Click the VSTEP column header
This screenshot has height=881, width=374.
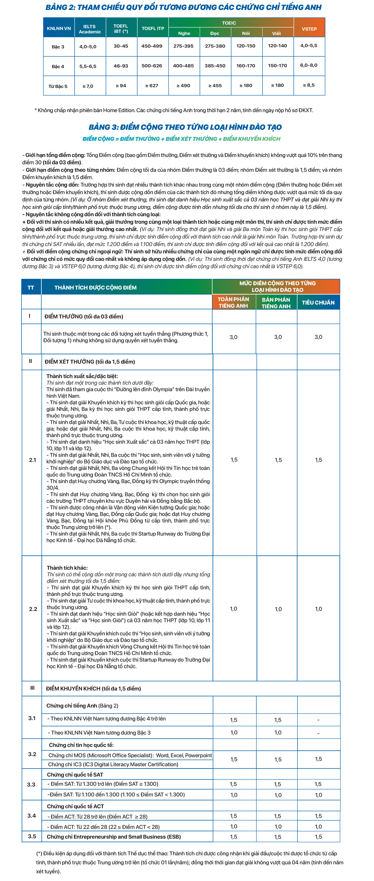point(309,29)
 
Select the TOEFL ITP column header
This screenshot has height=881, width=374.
point(153,28)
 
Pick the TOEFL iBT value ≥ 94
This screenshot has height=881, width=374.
point(121,86)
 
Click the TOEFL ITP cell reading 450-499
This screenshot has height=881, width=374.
point(152,46)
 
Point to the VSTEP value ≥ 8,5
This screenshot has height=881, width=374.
point(309,85)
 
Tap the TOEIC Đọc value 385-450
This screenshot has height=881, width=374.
point(215,66)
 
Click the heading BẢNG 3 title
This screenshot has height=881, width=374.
point(185,127)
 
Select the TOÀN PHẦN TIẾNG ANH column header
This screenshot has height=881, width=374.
point(233,302)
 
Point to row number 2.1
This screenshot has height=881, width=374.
point(32,460)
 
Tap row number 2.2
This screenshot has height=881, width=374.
point(33,609)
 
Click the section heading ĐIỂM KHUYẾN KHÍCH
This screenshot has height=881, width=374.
point(93,688)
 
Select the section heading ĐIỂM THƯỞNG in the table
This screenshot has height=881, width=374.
point(84,316)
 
